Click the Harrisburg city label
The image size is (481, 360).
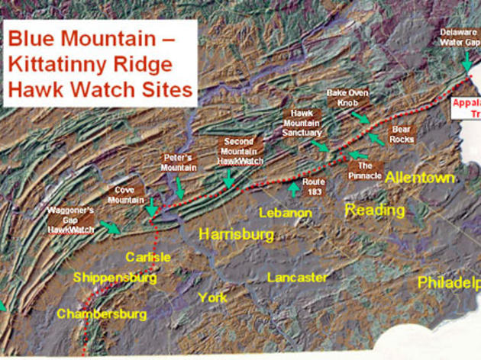point(237,234)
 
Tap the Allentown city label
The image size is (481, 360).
point(420,178)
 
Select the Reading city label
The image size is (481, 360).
point(375,210)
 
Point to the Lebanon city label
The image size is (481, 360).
point(286,212)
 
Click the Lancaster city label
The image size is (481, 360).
point(298,278)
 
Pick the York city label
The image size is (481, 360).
point(212,297)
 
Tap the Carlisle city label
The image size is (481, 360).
point(148,256)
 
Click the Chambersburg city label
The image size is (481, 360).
point(102,313)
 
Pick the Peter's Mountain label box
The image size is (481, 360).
point(179,162)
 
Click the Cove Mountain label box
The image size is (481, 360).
point(125,194)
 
